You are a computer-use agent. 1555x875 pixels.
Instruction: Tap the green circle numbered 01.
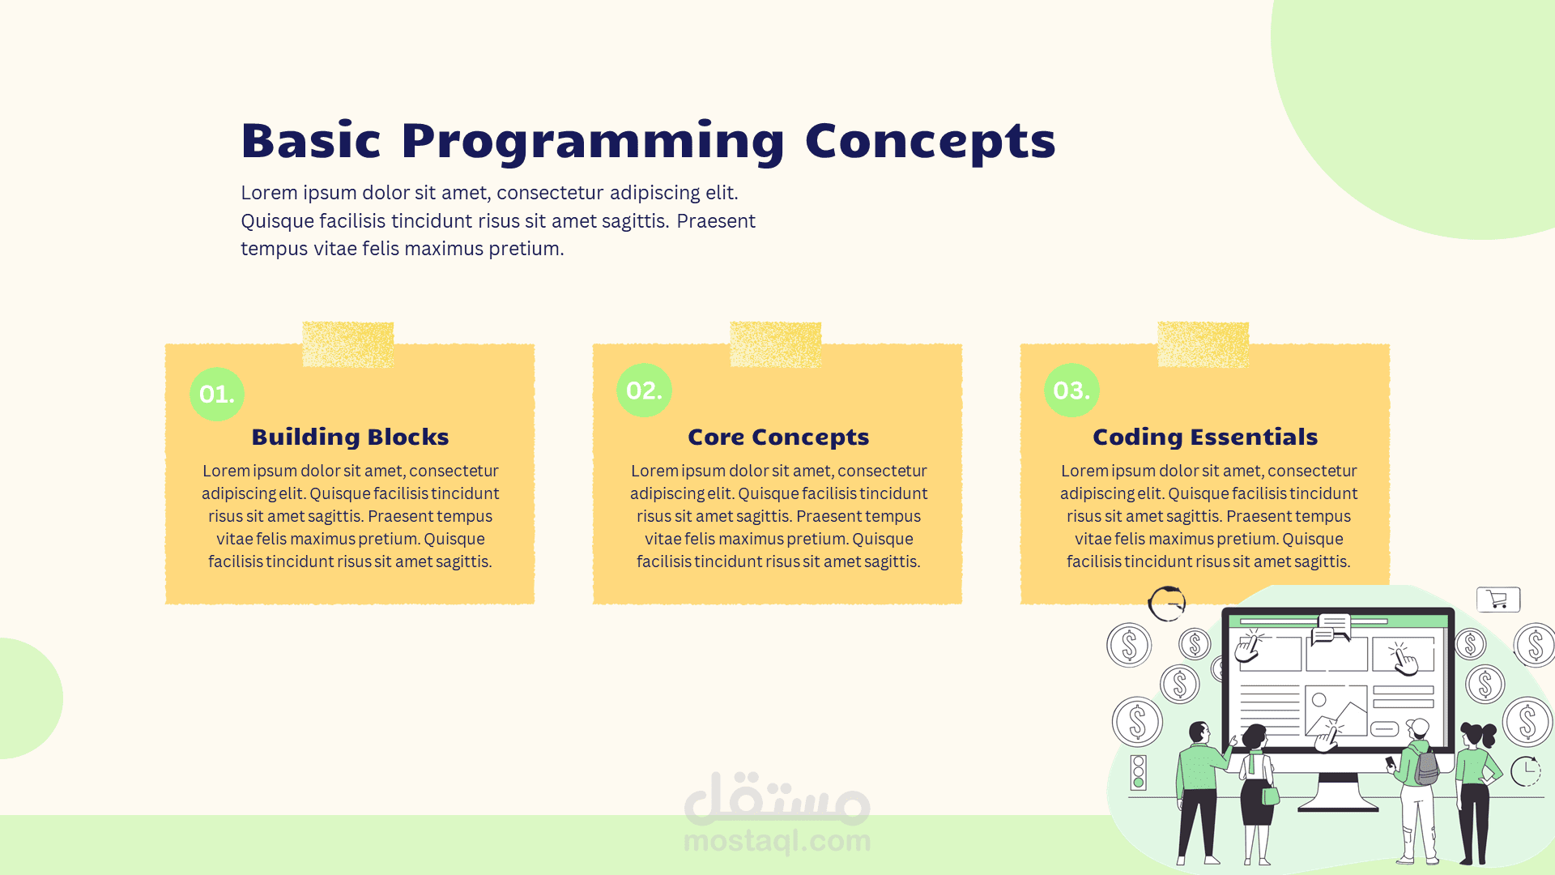pyautogui.click(x=217, y=394)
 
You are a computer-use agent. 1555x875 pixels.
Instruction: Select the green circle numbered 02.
pyautogui.click(x=644, y=391)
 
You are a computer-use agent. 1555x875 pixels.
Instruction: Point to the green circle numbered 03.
pyautogui.click(x=1071, y=391)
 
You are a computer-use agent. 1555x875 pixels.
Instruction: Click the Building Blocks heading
pyautogui.click(x=350, y=437)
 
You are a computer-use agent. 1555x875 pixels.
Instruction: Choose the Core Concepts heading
pyautogui.click(x=778, y=437)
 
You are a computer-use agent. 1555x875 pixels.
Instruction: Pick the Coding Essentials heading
pyautogui.click(x=1205, y=437)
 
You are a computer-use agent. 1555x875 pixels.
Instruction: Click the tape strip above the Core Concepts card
pyautogui.click(x=776, y=344)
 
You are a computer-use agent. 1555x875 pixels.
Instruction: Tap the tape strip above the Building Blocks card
pyautogui.click(x=348, y=344)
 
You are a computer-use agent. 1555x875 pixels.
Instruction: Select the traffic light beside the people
pyautogui.click(x=1138, y=772)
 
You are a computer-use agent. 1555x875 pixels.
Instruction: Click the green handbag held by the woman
pyautogui.click(x=1271, y=795)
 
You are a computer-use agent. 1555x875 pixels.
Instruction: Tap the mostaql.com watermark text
pyautogui.click(x=777, y=841)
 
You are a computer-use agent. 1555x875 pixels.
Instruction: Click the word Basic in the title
pyautogui.click(x=311, y=141)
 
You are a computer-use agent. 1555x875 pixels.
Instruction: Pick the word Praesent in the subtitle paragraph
pyautogui.click(x=716, y=221)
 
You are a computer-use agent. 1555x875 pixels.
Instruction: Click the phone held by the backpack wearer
pyautogui.click(x=1390, y=762)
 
